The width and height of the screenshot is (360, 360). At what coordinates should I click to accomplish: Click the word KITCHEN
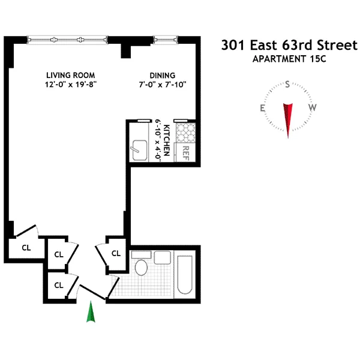[x=168, y=137]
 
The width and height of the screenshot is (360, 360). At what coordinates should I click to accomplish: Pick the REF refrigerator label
[x=186, y=152]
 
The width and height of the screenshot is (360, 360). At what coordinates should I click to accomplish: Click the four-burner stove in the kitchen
[x=186, y=132]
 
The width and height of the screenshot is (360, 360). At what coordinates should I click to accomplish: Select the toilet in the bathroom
[x=142, y=266]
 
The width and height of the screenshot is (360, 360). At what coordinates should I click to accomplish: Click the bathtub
[x=184, y=275]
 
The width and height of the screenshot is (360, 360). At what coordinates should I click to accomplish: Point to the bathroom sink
[x=163, y=259]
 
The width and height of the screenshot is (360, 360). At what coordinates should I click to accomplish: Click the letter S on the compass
[x=288, y=84]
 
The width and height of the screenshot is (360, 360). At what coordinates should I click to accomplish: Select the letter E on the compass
[x=263, y=108]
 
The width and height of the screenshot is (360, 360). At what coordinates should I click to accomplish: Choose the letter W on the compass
[x=313, y=108]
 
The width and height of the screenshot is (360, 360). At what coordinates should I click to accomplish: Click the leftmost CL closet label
[x=26, y=247]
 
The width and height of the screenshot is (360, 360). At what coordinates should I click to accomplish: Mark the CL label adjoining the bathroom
[x=116, y=253]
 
